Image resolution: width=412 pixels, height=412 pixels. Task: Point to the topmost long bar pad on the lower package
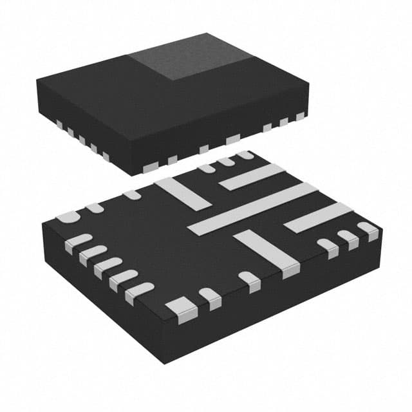coord(252,176)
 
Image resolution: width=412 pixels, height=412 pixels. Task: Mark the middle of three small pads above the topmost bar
coord(225,162)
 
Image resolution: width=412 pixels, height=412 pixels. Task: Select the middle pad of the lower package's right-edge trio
coord(349,239)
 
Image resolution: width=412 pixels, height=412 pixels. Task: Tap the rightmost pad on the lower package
coord(368,230)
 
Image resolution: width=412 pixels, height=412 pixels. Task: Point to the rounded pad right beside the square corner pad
coord(209,297)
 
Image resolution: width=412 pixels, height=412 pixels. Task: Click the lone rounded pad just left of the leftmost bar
coord(132,194)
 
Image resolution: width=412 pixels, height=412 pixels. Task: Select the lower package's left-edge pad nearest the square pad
coord(140,291)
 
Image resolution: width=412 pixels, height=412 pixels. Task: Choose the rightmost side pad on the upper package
coord(300,116)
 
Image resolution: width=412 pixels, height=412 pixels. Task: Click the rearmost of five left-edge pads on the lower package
coord(78,241)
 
